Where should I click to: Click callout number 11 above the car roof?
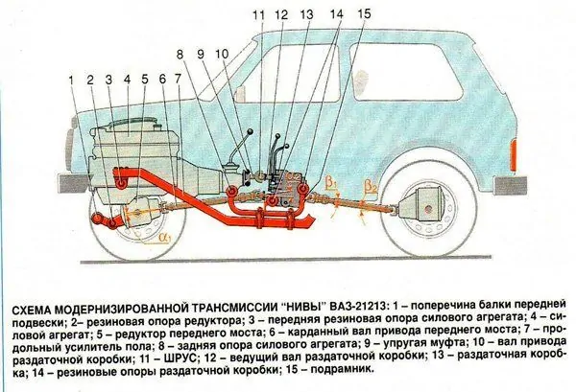[258, 15]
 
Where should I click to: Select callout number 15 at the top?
[364, 14]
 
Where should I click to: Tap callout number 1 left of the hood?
[72, 80]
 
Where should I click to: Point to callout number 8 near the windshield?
[180, 55]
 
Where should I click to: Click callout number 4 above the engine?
[127, 80]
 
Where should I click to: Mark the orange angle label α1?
[164, 238]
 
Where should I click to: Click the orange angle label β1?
[331, 183]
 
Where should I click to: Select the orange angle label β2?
[371, 188]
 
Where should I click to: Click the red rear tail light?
[514, 155]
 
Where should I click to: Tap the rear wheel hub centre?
[428, 209]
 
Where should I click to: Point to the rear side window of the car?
[405, 71]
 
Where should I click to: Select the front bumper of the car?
[73, 184]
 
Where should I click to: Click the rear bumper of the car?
[511, 185]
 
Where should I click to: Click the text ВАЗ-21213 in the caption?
[358, 306]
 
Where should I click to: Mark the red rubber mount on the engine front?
[121, 182]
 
